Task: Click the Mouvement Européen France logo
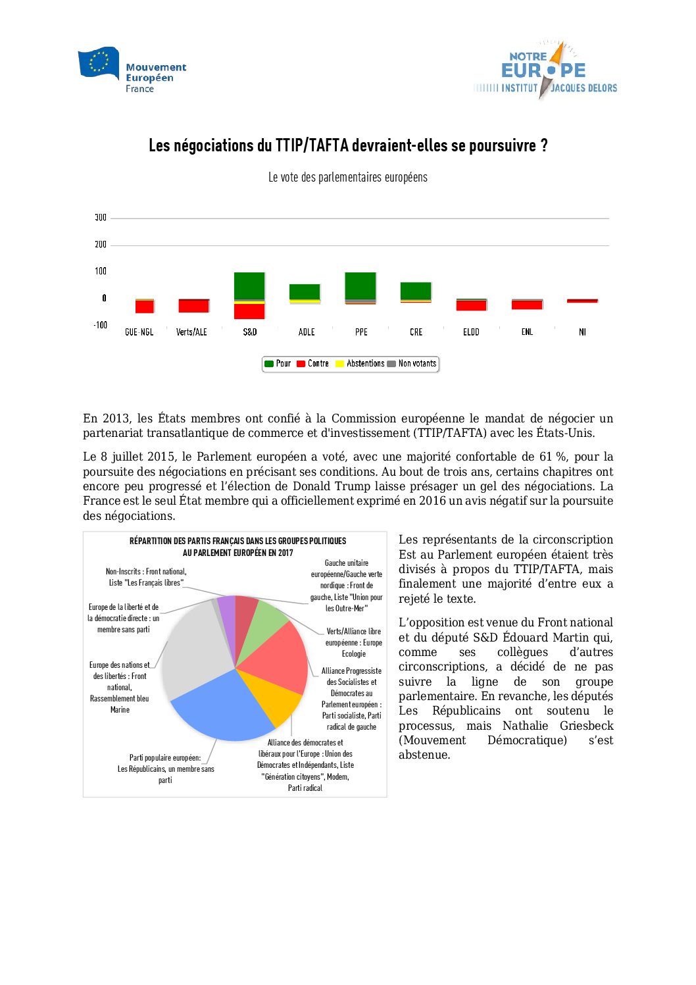pos(132,70)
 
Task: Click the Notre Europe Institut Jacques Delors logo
pos(545,70)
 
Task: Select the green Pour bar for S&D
pos(249,286)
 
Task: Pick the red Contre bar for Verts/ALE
pos(193,306)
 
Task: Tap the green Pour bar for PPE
pos(360,286)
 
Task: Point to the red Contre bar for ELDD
pos(471,305)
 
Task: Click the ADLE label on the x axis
pos(307,332)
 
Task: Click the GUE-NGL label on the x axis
pos(139,332)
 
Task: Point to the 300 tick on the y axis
pos(101,218)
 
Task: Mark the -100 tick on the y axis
pos(100,325)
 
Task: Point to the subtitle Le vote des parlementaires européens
pos(347,178)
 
